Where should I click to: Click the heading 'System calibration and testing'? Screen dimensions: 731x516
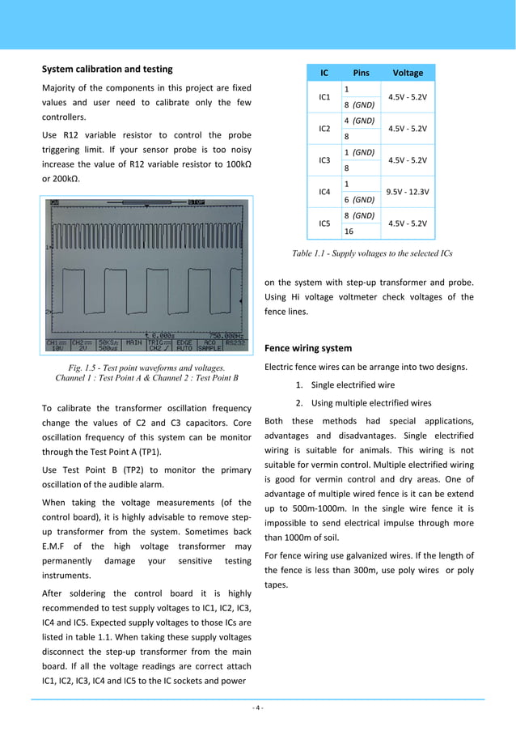(x=107, y=69)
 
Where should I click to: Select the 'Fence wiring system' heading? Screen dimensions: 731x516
(x=308, y=348)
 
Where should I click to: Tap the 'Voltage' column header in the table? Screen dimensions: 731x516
(x=407, y=73)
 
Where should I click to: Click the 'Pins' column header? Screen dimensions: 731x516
(x=361, y=73)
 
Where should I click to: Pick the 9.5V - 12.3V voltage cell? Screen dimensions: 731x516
(x=408, y=192)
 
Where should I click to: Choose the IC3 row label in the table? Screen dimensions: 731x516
(x=324, y=160)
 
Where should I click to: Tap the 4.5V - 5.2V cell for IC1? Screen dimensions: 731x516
(x=408, y=97)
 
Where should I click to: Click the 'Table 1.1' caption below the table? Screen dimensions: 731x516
(x=371, y=253)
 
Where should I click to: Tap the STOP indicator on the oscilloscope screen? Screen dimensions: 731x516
(x=197, y=202)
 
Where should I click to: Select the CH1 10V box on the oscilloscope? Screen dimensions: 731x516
(x=56, y=345)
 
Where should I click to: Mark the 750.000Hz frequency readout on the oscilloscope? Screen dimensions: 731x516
(x=225, y=334)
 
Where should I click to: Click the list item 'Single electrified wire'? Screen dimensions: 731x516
(x=353, y=385)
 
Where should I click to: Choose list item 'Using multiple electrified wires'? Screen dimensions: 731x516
(x=371, y=403)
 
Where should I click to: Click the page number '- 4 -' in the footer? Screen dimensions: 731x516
(x=257, y=708)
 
